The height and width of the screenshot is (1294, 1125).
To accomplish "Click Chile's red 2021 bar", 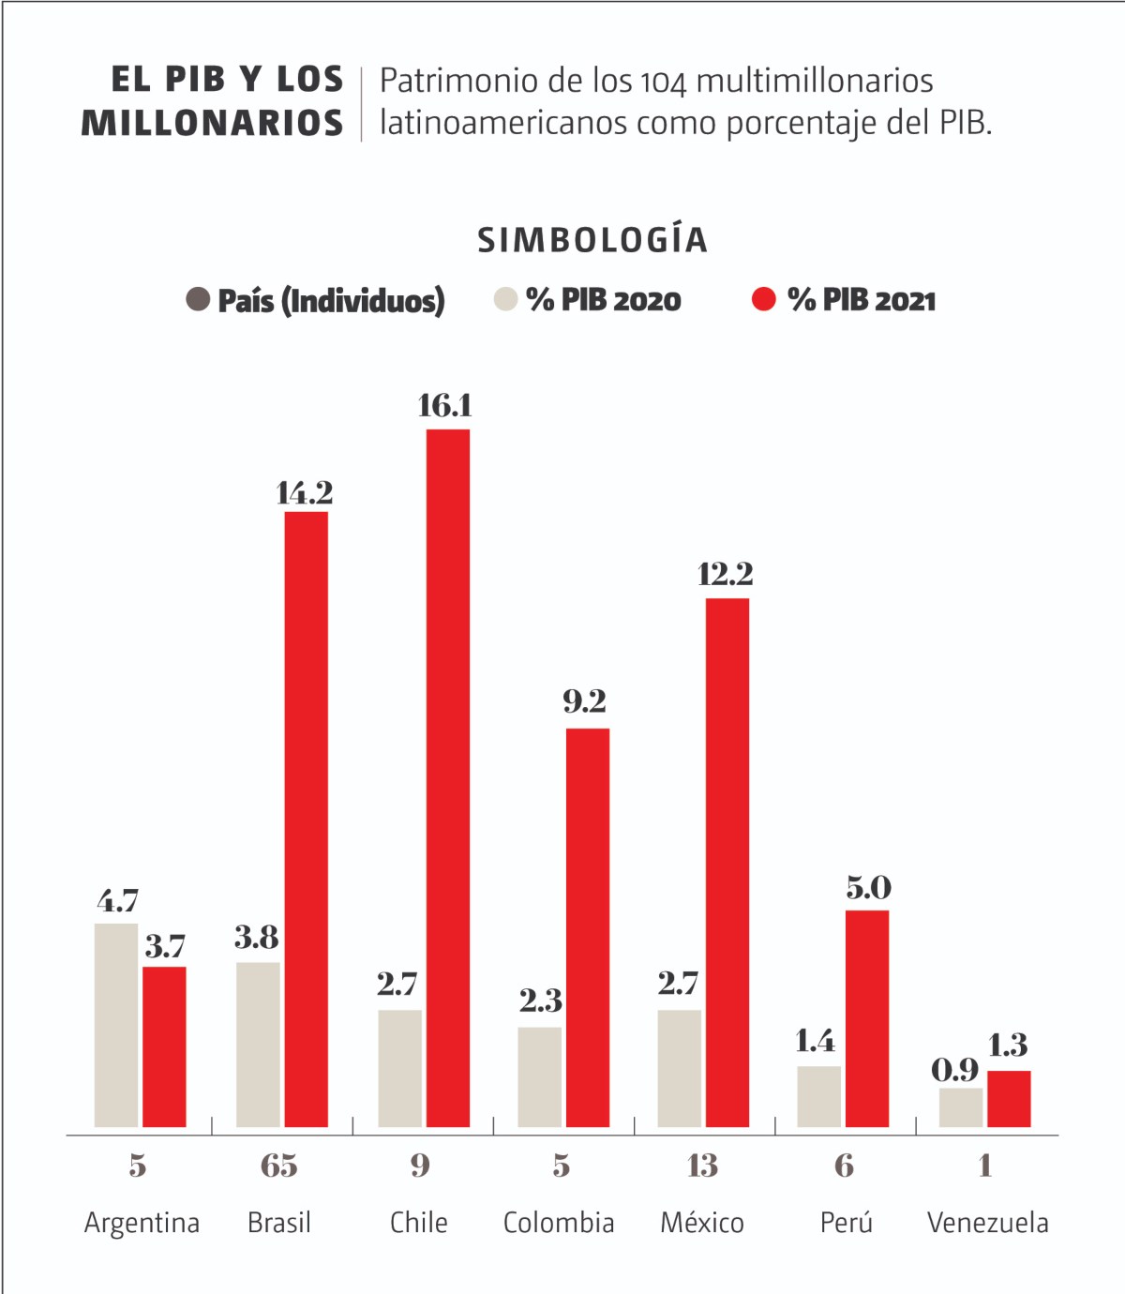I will coord(448,778).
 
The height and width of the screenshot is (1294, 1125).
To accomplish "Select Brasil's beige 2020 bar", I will coord(258,1045).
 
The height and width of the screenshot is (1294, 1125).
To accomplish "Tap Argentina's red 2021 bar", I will coord(164,1046).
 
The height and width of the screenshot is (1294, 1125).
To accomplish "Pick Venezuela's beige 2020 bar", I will coord(961,1107).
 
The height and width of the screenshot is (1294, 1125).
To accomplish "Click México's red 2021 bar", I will coord(727,863).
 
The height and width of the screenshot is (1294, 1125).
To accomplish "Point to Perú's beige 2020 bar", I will coord(819,1096).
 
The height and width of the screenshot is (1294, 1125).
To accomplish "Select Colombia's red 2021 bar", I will coord(588,927).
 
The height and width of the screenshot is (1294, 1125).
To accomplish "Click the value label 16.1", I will coord(445,405).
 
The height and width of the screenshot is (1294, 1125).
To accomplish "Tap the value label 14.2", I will coord(305,492).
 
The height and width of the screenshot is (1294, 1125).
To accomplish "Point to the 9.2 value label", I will coord(585,700).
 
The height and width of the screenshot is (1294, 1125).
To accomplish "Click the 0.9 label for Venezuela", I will coord(954,1069).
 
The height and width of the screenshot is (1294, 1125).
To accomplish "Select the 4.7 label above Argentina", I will coord(118,901).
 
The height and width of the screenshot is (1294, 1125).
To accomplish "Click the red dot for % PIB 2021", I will coord(764,299).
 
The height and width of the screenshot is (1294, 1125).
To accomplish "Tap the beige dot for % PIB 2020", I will coord(505,299).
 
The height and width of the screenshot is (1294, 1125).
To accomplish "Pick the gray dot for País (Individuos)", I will coord(198,299).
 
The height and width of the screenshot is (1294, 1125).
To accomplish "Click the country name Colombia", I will coord(559,1223).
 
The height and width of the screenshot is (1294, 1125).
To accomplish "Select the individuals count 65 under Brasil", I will coord(279,1166).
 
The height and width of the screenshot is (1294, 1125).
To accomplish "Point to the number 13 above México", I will coord(702,1166).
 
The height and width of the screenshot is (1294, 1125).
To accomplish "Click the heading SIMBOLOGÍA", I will coord(592,240).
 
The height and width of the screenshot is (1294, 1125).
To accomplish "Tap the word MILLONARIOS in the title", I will coord(213,124).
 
